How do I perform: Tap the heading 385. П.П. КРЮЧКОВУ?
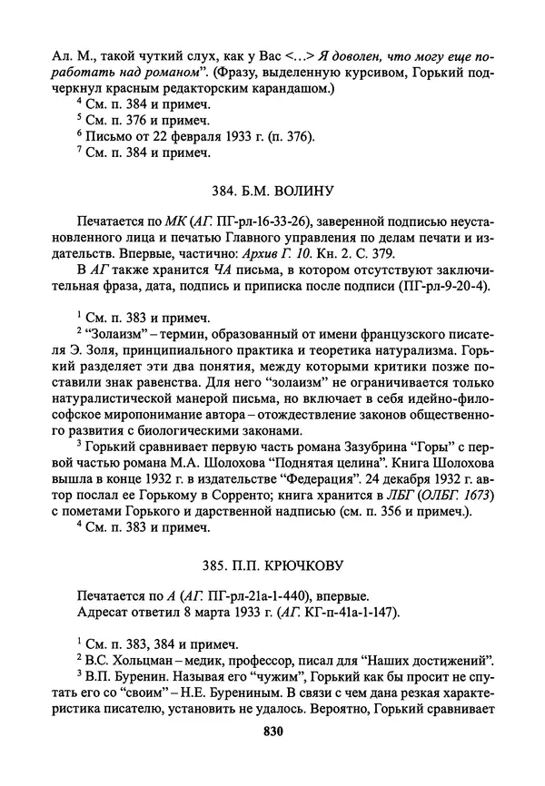pos(272,566)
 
